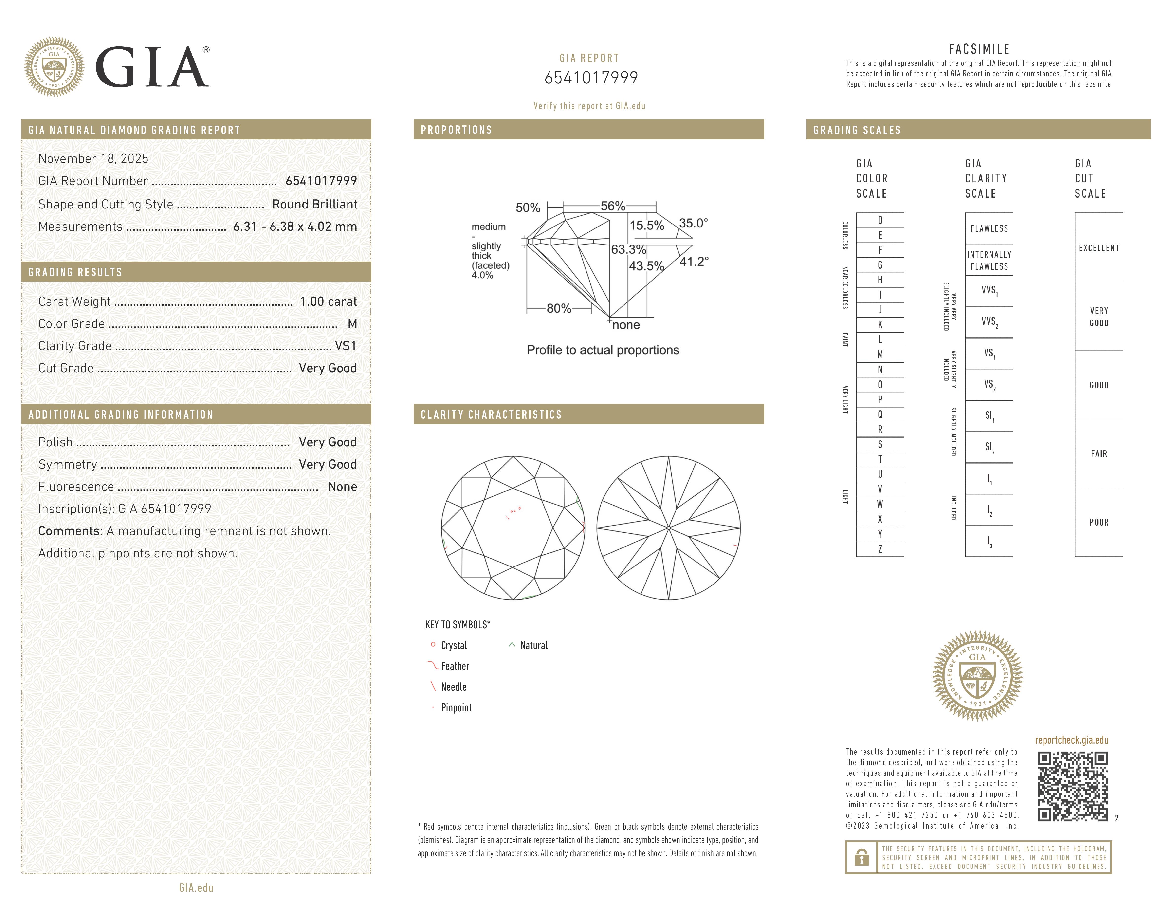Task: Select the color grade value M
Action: click(352, 324)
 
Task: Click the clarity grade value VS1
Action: click(346, 346)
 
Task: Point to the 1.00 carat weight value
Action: click(328, 302)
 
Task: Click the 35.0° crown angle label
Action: click(693, 223)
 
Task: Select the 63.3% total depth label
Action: click(628, 250)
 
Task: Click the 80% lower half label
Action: click(559, 309)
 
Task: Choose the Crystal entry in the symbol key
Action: click(454, 646)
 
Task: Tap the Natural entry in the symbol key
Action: click(533, 646)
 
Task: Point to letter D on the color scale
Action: click(880, 220)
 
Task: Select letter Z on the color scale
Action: click(880, 549)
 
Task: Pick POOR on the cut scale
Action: click(1099, 522)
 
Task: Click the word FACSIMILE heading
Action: click(979, 49)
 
